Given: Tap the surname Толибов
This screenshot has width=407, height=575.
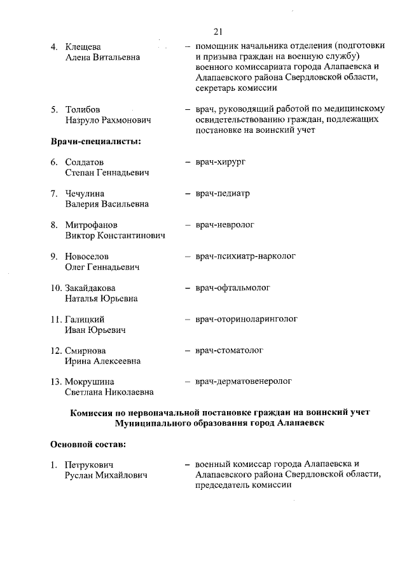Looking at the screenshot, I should (83, 109).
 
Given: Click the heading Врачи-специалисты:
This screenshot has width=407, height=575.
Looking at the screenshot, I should (95, 141).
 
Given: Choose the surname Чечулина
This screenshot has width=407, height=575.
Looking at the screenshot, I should (85, 194).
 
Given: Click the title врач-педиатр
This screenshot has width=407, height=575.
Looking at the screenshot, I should (223, 193).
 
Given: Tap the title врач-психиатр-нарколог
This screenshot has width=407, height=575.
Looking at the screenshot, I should (245, 256).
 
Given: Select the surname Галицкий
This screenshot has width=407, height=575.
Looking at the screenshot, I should (85, 320).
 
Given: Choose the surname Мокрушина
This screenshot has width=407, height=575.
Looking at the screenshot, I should (90, 382).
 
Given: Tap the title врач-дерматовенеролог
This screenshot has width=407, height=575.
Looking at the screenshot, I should (244, 381).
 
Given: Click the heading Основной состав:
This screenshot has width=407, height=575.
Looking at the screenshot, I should (88, 442).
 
